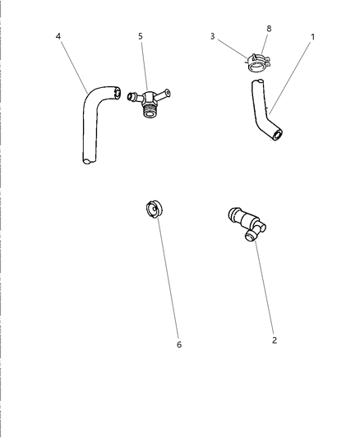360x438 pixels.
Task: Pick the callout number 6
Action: (x=179, y=344)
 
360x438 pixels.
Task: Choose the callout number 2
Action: (x=275, y=339)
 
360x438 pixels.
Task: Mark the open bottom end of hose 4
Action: (x=86, y=163)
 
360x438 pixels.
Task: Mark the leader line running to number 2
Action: (x=265, y=288)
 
